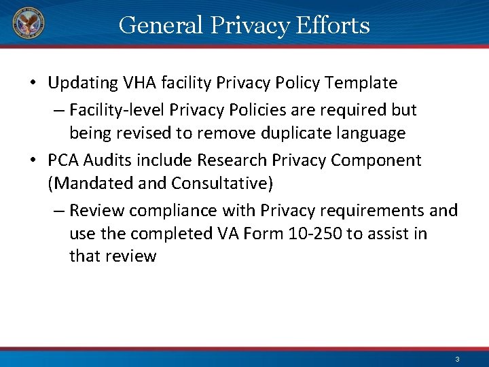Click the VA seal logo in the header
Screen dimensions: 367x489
[27, 24]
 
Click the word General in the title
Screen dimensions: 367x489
[160, 25]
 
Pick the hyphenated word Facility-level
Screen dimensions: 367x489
[120, 109]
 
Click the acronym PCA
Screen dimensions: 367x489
[63, 160]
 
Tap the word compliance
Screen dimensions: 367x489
[174, 211]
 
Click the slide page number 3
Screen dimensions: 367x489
[457, 359]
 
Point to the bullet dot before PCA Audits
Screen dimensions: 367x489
[34, 161]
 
